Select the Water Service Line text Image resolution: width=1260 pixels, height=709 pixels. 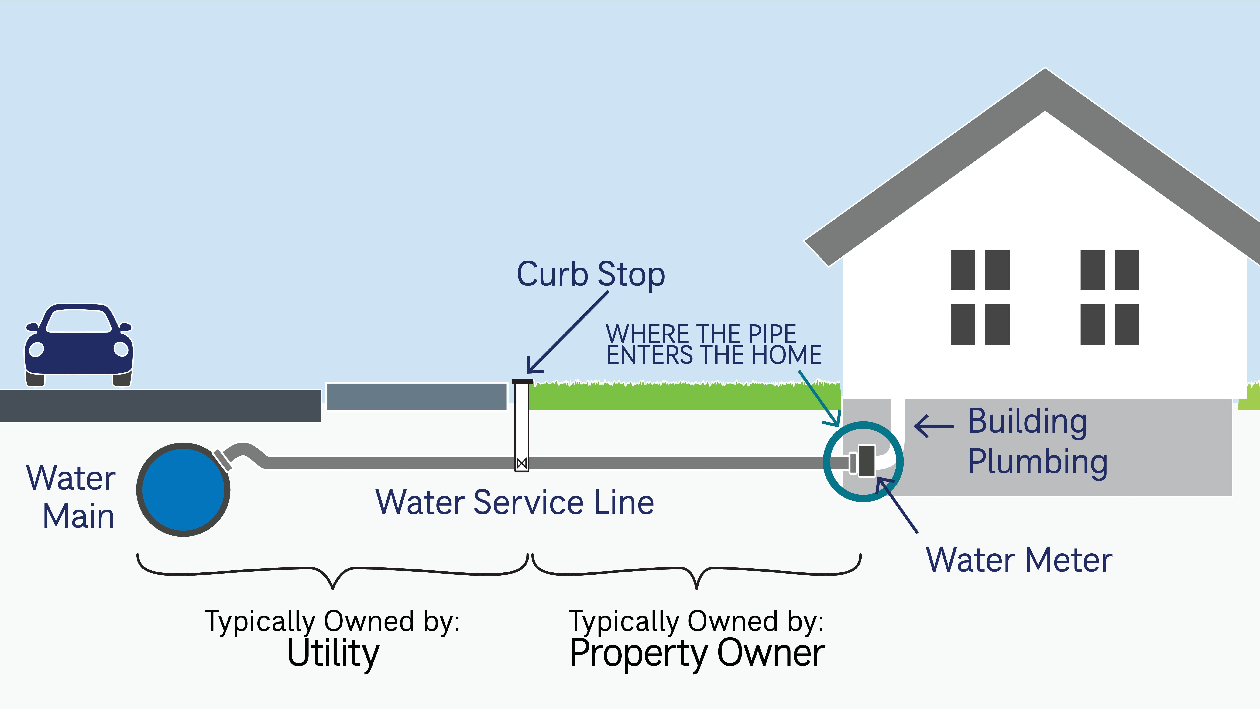pos(515,503)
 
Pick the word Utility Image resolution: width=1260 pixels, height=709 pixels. pos(333,653)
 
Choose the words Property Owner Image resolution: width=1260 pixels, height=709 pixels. pos(696,653)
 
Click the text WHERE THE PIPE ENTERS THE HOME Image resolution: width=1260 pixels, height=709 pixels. pos(713,344)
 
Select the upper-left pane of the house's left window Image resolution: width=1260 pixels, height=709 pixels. pos(963,270)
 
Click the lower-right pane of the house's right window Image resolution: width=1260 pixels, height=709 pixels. pos(1127,324)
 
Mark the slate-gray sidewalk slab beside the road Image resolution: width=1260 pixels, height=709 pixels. pos(416,396)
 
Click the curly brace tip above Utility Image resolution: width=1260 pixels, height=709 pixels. pos(333,587)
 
